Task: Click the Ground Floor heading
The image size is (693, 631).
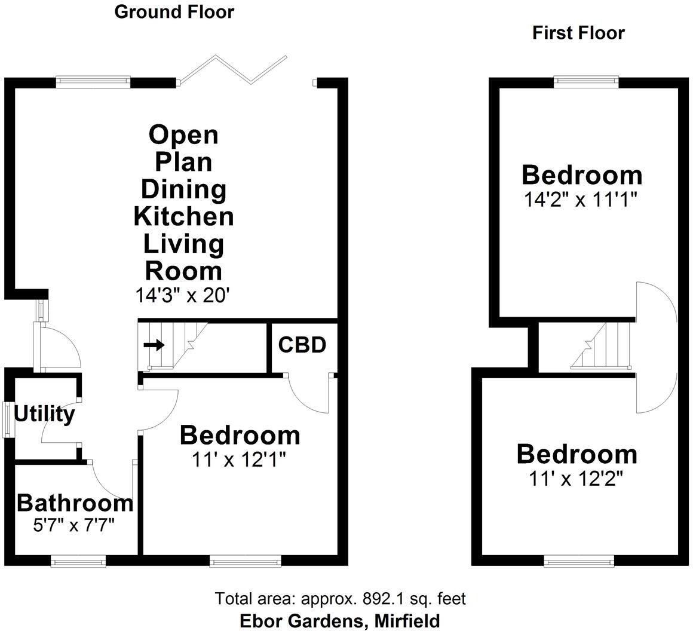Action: pos(174,11)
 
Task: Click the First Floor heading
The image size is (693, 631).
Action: pos(578,33)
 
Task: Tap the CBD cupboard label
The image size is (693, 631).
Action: pos(302,345)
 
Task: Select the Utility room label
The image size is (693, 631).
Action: pos(44,413)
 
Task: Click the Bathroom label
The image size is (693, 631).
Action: pos(75,503)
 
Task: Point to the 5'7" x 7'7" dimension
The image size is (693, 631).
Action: pos(75,525)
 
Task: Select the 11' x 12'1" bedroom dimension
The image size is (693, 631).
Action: pos(239,459)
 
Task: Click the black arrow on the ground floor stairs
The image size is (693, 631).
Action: pos(154,345)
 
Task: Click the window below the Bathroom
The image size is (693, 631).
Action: pos(78,560)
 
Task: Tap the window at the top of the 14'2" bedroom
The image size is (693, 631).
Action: pos(585,81)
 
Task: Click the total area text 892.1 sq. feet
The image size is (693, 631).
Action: pos(340,598)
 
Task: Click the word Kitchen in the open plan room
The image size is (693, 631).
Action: pos(183,216)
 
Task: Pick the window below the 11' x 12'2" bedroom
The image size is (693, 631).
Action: pos(579,560)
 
